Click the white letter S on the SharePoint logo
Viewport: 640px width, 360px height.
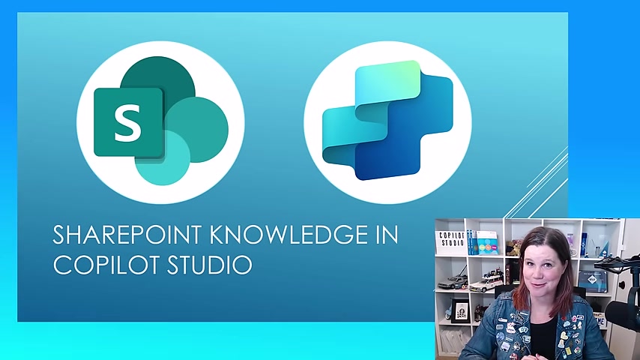pyautogui.click(x=128, y=123)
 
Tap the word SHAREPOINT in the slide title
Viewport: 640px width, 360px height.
pyautogui.click(x=127, y=235)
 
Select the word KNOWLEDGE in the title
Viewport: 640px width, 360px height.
pyautogui.click(x=288, y=235)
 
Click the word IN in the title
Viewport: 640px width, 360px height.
pyautogui.click(x=387, y=235)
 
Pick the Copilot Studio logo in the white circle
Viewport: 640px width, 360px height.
pyautogui.click(x=387, y=121)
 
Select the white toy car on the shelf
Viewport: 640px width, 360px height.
pyautogui.click(x=486, y=281)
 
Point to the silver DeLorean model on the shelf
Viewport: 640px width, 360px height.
pyautogui.click(x=453, y=283)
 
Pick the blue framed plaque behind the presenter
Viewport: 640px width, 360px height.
pyautogui.click(x=592, y=280)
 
